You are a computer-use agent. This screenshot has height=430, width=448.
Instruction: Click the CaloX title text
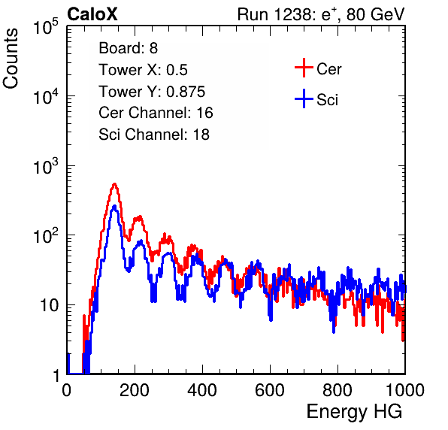click(x=92, y=14)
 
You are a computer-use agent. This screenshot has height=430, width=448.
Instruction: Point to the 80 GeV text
click(x=375, y=14)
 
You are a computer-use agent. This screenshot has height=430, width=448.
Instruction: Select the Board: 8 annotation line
click(x=128, y=48)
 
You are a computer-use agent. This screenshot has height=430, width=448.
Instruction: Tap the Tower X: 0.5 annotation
click(x=143, y=70)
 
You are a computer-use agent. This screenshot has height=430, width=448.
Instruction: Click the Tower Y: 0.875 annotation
click(x=152, y=92)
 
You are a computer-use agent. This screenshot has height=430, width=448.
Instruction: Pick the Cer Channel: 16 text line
click(x=156, y=113)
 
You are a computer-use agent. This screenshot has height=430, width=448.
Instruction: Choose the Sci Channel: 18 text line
click(x=154, y=135)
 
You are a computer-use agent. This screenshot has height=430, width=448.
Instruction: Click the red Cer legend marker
click(x=304, y=68)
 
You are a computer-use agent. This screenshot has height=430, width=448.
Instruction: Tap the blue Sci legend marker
click(x=304, y=99)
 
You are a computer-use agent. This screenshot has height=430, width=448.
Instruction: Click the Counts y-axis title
click(x=11, y=59)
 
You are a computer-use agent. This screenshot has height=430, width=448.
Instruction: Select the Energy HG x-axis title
click(x=354, y=412)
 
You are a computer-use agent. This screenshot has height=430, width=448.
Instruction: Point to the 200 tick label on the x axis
click(x=135, y=390)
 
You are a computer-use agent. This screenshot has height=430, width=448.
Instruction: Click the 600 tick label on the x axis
click(x=270, y=390)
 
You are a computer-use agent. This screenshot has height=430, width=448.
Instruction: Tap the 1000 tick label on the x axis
click(x=405, y=390)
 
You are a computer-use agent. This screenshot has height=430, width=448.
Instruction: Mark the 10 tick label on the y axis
click(x=50, y=305)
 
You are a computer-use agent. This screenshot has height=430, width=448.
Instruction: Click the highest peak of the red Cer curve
click(x=114, y=184)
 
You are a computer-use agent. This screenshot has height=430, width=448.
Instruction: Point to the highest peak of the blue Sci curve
click(x=114, y=206)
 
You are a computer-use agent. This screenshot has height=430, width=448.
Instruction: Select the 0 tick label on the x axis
click(x=67, y=390)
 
